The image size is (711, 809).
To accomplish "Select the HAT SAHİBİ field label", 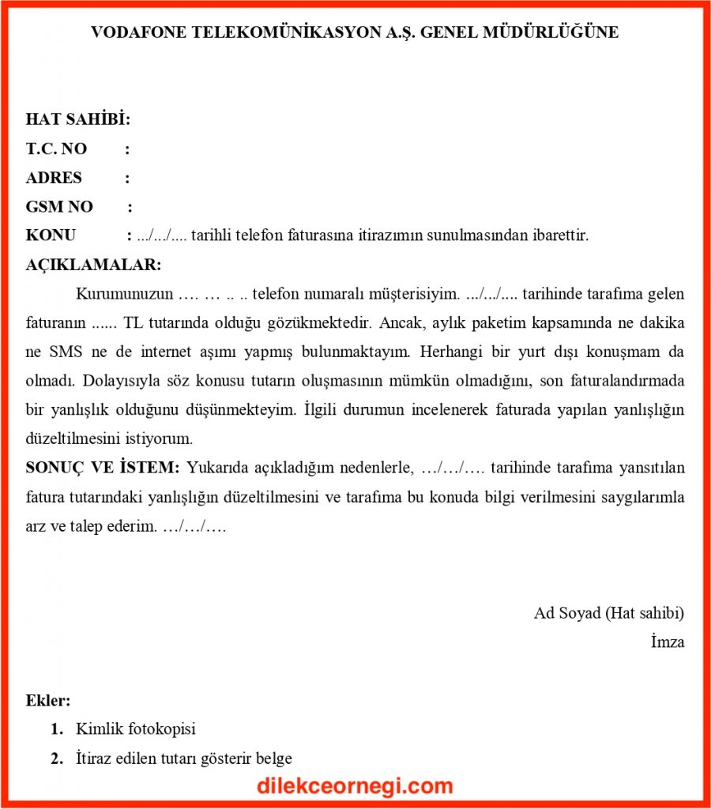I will click(x=78, y=120).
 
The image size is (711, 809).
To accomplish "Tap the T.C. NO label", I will click(x=56, y=149).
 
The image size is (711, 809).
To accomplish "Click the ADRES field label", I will click(x=54, y=179).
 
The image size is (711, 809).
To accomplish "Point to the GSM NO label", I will click(x=59, y=207).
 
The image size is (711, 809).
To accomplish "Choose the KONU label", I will click(x=51, y=235).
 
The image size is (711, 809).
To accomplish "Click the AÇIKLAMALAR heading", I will click(x=93, y=265).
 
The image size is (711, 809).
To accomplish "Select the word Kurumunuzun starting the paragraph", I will click(x=124, y=295).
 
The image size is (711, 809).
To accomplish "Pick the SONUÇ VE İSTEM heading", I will click(x=103, y=468).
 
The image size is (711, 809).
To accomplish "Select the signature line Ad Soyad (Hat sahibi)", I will click(x=608, y=613).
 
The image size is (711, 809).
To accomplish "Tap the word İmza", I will click(x=668, y=642).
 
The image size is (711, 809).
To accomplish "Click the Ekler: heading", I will click(x=48, y=700).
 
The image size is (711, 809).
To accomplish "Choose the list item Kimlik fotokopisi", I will click(x=136, y=729).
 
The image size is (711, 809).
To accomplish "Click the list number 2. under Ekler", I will click(x=57, y=758).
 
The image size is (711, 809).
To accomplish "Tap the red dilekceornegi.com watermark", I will click(x=355, y=786).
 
